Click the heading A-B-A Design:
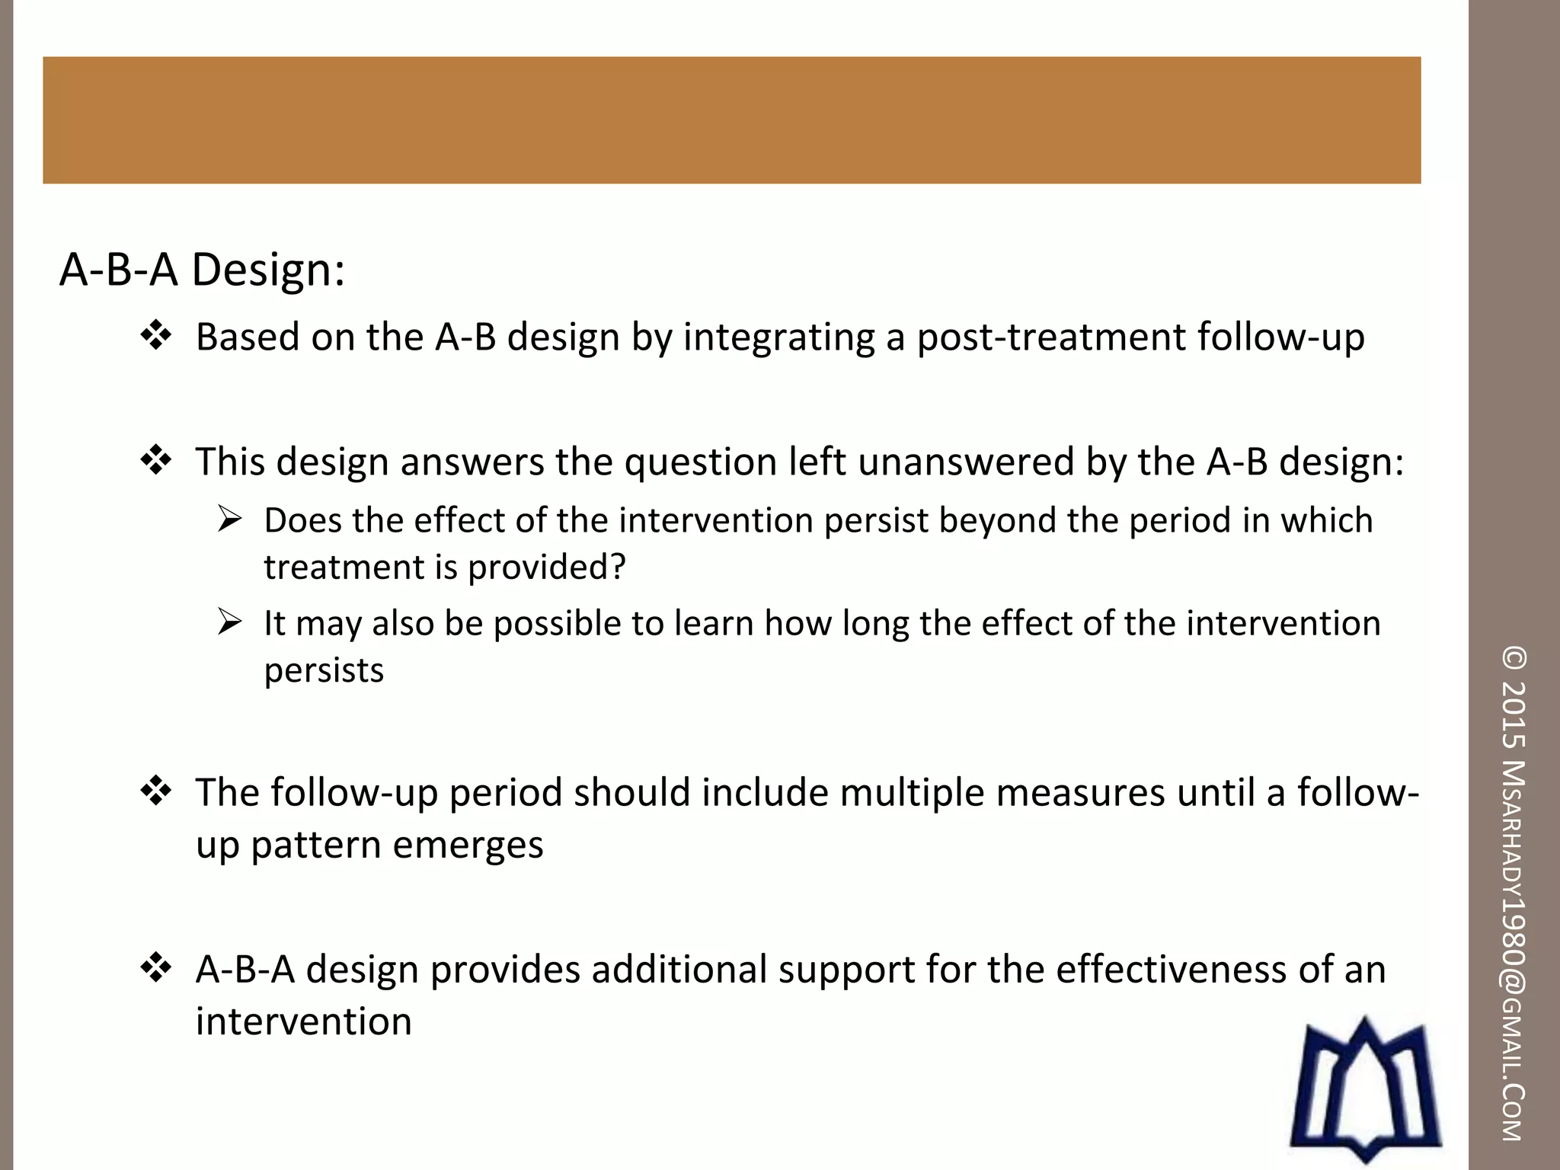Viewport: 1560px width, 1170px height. coord(202,270)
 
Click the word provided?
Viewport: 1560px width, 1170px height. coord(546,567)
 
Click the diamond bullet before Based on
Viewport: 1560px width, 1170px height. coord(156,336)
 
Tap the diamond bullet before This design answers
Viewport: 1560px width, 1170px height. coord(156,461)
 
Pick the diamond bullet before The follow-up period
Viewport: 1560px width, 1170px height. coord(156,791)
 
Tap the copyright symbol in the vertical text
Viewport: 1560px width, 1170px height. coord(1514,658)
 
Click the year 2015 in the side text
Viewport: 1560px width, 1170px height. coord(1514,714)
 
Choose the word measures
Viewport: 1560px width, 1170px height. coord(1080,792)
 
